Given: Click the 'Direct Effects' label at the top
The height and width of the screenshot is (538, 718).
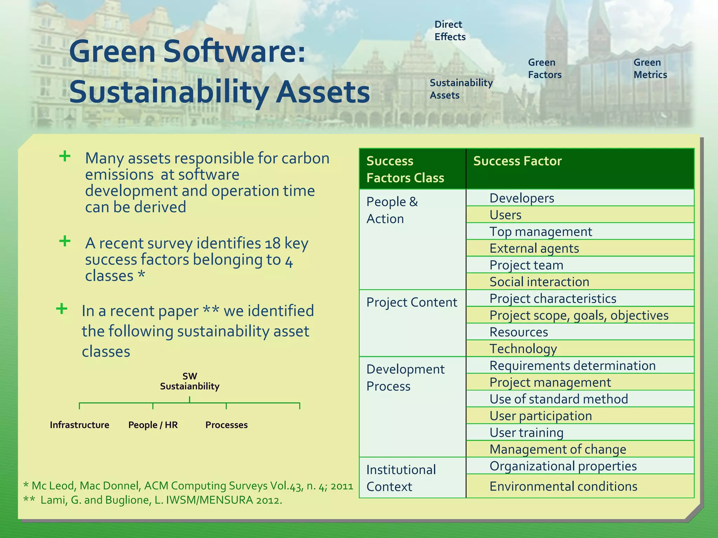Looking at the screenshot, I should (450, 30).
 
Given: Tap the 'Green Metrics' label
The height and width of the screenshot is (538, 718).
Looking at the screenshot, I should (650, 68).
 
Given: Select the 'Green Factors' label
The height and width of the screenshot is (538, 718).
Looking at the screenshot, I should (544, 68).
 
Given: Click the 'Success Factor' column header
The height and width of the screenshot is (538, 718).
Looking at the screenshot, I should (517, 161).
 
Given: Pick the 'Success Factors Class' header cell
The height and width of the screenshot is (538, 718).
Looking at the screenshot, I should (405, 169).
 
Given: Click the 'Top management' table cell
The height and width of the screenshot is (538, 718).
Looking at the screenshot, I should (540, 232).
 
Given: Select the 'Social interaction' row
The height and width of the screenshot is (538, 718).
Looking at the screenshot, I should (539, 282).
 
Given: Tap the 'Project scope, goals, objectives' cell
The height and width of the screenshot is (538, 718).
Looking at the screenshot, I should (578, 315).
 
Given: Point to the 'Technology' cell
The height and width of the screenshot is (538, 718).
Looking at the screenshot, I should (523, 349).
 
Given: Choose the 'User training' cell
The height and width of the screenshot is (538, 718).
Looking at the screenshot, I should (526, 433).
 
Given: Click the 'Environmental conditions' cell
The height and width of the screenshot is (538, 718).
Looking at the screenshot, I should (563, 486).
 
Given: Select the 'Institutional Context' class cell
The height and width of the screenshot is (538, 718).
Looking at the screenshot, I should (401, 478).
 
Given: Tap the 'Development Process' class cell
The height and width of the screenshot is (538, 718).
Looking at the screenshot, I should (405, 378).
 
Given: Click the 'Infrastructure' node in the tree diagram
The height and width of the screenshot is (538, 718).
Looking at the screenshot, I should (80, 425).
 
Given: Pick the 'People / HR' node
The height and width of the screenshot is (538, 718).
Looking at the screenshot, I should (153, 425).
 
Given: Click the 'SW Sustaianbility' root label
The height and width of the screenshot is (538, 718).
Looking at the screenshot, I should (190, 381).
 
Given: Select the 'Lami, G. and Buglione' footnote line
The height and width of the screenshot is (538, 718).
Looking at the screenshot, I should (161, 500).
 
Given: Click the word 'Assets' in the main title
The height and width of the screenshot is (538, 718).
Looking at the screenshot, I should (323, 92).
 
